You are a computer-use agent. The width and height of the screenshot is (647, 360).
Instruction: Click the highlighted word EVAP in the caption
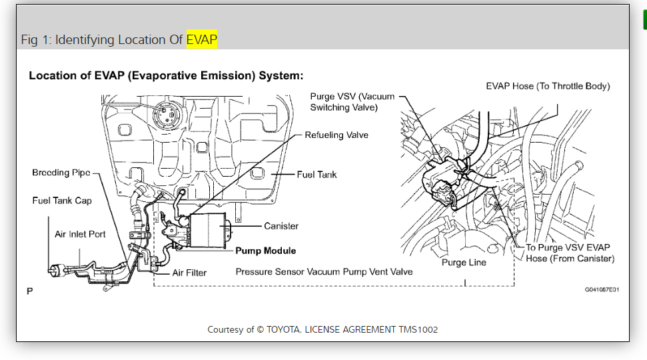point(201,39)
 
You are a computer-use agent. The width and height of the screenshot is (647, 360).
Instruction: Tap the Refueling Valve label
point(336,135)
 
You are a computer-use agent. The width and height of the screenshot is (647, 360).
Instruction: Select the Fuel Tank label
point(317,175)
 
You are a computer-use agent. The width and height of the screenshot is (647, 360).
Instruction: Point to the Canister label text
point(281,226)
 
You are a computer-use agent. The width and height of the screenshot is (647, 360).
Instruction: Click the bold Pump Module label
point(266,251)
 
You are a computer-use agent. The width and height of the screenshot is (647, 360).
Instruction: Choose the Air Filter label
point(189,273)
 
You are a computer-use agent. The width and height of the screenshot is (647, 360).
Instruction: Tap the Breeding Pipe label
point(61,173)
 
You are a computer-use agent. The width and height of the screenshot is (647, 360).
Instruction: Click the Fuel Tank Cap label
point(62,200)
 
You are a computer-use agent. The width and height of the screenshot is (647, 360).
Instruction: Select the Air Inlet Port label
point(80,234)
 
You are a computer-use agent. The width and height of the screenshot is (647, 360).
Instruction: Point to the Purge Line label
point(464,262)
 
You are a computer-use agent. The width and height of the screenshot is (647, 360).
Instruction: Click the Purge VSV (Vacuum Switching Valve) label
point(352,101)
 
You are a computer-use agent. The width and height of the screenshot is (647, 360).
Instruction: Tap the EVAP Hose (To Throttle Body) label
point(548,86)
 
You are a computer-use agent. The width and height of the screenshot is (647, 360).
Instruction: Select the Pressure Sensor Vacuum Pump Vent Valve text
point(324,271)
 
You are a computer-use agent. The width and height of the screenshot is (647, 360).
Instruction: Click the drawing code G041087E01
point(602,289)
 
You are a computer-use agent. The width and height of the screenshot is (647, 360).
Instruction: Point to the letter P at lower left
point(29,291)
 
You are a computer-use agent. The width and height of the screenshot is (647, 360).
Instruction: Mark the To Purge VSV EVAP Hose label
point(570,253)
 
